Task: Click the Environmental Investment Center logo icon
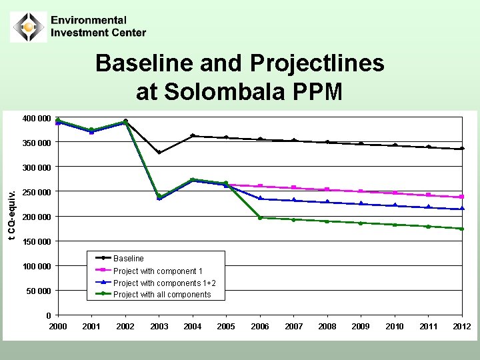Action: (x=28, y=27)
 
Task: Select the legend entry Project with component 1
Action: (x=157, y=271)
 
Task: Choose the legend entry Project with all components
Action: (x=161, y=295)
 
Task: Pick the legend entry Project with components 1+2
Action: (x=164, y=283)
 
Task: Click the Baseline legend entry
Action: (x=128, y=258)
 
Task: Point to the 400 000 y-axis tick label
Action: (x=37, y=119)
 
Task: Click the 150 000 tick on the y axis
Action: (x=37, y=241)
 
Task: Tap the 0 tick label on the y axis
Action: (x=48, y=315)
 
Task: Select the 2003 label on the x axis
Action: (x=159, y=327)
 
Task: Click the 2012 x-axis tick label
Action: (x=461, y=327)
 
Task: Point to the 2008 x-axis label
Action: (x=327, y=327)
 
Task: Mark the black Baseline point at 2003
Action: (x=159, y=153)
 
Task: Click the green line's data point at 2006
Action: (x=260, y=217)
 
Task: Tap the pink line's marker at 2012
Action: (x=461, y=197)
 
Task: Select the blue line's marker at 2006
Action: (x=260, y=199)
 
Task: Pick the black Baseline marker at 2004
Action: (x=193, y=136)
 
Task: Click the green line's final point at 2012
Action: (x=461, y=229)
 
